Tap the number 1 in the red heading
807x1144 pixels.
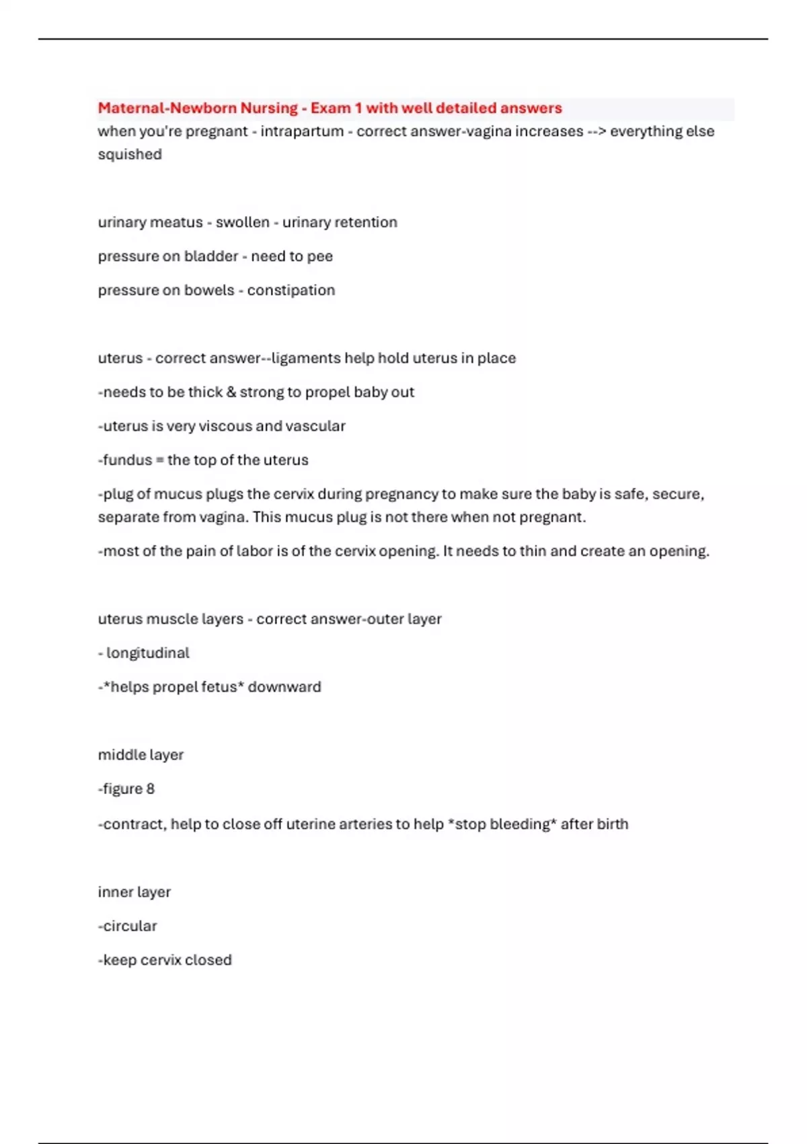pos(358,108)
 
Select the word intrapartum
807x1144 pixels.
pos(302,131)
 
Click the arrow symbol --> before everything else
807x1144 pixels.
pos(597,131)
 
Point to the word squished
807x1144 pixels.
pos(130,154)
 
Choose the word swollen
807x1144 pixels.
pos(242,222)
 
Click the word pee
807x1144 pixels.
pos(320,256)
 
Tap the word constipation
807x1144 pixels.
pos(291,290)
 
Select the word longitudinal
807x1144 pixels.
pos(148,653)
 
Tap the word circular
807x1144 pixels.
pos(130,926)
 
